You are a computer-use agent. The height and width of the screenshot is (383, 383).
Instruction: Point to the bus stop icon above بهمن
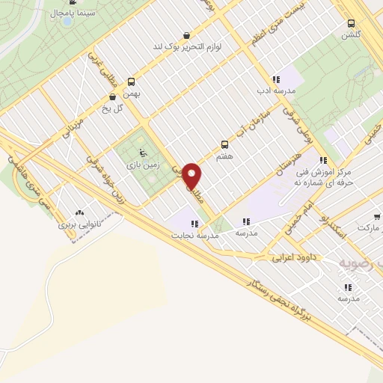(132, 82)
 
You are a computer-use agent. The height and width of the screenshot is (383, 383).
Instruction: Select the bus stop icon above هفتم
(224, 144)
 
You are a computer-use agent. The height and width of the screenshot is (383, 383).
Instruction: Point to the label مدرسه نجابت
(195, 235)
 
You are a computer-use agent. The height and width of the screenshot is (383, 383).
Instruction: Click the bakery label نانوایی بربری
(79, 223)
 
